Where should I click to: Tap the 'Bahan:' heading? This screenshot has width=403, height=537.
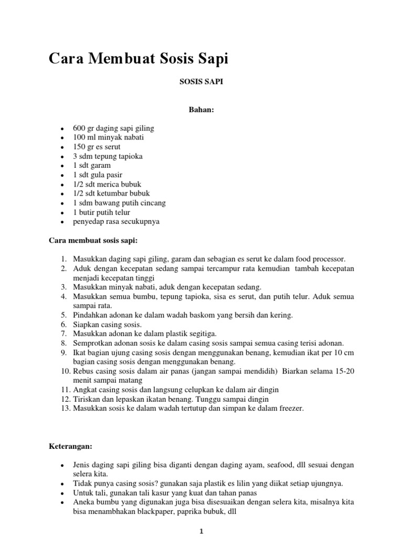[201, 110]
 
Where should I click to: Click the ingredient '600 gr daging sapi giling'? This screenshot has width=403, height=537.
[113, 128]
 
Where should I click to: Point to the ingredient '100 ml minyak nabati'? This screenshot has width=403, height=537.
[108, 137]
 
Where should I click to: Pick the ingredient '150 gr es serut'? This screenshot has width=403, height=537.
[97, 147]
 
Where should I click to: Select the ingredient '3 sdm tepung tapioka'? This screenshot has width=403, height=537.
[108, 156]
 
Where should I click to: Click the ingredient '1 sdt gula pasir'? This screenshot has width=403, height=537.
[98, 175]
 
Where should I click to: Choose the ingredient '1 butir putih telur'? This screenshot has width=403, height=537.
[101, 212]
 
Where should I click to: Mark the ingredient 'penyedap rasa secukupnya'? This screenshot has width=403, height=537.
[116, 221]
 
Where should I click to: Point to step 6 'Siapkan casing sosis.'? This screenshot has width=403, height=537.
[104, 325]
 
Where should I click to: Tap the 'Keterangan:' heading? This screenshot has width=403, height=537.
[70, 446]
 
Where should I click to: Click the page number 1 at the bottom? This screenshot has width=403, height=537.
[201, 531]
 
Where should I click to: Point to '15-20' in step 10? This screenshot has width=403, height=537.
[344, 371]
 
